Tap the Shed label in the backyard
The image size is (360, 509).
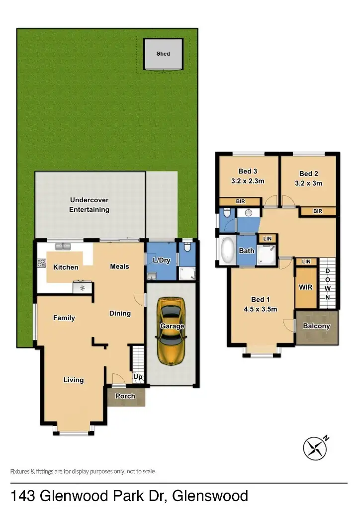pos(163,54)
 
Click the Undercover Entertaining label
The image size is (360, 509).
pos(90,205)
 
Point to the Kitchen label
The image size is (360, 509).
pos(66,267)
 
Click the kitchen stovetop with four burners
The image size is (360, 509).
pos(41,264)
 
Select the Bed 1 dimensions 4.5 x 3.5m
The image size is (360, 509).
pos(261,309)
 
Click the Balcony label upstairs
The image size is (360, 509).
pos(316,326)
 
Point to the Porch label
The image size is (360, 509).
pos(125,396)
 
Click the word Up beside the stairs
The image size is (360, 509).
pos(138,377)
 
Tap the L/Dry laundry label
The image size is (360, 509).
pos(161,260)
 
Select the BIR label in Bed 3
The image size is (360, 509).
pos(240,201)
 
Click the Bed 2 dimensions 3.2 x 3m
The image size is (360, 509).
pos(308,183)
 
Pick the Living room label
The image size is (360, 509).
pos(74,380)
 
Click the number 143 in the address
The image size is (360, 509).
pos(23,496)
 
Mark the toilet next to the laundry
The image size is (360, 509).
pos(187,247)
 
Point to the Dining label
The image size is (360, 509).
pos(120,314)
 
